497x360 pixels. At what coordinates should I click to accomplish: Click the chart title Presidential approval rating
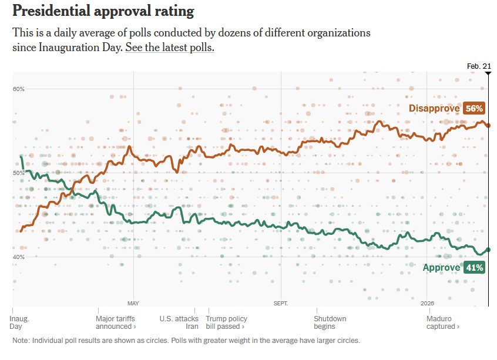[x=103, y=11]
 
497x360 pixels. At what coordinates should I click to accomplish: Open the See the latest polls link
[x=169, y=48]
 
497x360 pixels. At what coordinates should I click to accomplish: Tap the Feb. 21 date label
[x=479, y=66]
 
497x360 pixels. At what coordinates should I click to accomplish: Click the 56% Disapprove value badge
[x=474, y=108]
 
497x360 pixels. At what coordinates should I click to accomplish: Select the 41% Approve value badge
[x=474, y=268]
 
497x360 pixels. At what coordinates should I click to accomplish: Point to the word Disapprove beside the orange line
[x=434, y=108]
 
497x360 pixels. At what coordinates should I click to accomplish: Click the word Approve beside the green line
[x=441, y=268]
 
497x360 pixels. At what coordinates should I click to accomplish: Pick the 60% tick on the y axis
[x=19, y=89]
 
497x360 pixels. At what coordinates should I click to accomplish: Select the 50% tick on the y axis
[x=19, y=173]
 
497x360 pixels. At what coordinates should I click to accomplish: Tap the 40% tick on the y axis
[x=19, y=257]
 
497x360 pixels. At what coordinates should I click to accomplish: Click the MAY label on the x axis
[x=133, y=304]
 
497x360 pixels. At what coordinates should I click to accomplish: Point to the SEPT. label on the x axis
[x=281, y=304]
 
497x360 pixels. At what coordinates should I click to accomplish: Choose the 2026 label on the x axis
[x=427, y=304]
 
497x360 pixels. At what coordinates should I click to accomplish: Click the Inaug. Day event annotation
[x=19, y=322]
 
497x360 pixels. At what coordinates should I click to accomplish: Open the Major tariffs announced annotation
[x=116, y=322]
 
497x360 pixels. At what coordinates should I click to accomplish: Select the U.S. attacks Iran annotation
[x=179, y=322]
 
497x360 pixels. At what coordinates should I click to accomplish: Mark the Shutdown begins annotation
[x=330, y=322]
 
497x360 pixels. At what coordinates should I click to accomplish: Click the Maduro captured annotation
[x=443, y=322]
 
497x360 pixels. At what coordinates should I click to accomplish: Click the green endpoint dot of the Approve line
[x=488, y=250]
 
